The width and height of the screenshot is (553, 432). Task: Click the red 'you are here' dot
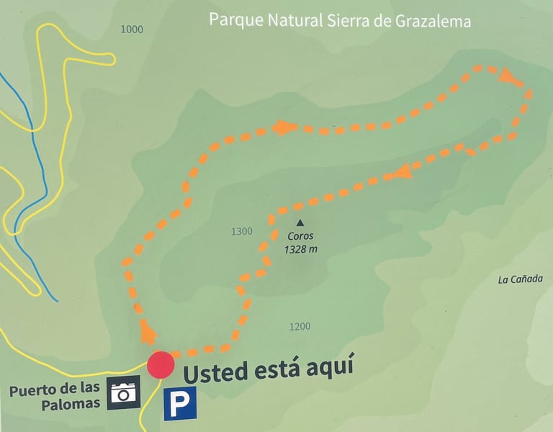point(161,364)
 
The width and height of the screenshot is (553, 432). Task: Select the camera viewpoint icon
point(124,392)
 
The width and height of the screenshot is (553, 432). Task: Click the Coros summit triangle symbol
point(300,223)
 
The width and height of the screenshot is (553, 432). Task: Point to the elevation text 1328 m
point(301,249)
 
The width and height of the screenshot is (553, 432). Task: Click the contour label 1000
point(132,30)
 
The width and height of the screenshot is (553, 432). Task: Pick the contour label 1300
point(242,231)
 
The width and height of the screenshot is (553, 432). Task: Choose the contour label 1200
point(300,326)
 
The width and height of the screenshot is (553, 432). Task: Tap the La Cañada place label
point(520,279)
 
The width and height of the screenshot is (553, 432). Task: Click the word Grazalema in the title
point(433,22)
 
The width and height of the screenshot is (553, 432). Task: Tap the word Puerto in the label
point(32,392)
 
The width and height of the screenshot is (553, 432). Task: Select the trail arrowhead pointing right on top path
point(285,128)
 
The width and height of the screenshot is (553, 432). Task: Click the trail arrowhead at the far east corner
point(511,76)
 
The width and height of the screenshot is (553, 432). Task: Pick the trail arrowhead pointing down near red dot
point(148,332)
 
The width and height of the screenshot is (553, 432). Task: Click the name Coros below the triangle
point(300,236)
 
